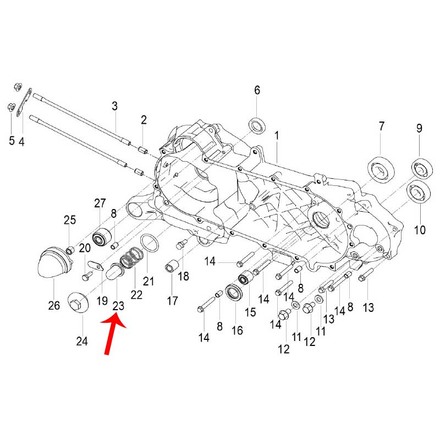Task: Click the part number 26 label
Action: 54,306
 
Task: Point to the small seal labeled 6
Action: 257,125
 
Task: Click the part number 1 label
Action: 277,135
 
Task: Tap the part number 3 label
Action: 115,106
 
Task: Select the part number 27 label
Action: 99,203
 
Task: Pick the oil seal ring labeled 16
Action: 235,293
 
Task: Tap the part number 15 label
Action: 251,312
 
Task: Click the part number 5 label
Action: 12,141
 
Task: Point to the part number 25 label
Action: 69,221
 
